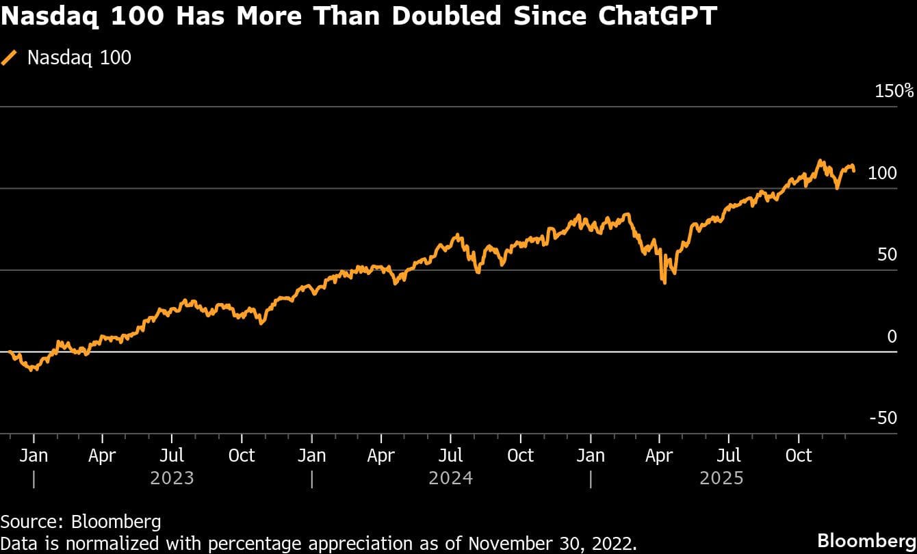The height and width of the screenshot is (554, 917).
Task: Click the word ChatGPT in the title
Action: (657, 16)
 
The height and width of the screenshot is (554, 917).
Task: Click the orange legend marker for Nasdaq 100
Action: (10, 57)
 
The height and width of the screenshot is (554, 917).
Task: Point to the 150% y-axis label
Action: (894, 91)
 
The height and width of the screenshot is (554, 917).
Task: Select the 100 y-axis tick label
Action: (882, 173)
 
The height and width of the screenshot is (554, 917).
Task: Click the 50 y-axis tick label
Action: (887, 254)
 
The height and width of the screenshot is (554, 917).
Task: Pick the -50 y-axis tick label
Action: (883, 418)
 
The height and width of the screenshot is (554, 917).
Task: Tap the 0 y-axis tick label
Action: (892, 337)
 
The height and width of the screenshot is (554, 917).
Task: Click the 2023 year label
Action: (172, 477)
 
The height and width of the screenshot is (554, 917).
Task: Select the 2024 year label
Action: (450, 477)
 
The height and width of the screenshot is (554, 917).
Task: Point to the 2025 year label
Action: (721, 477)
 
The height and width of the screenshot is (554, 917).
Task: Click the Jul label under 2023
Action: (172, 455)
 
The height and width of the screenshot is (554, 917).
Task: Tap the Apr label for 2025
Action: (659, 455)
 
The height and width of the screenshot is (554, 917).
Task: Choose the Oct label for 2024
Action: (520, 455)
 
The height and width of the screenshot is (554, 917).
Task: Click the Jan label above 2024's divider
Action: (312, 455)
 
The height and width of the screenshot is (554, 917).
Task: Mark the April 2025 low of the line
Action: (664, 282)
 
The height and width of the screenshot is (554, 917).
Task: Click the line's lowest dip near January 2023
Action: (32, 369)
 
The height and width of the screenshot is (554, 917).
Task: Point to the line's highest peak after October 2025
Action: (820, 161)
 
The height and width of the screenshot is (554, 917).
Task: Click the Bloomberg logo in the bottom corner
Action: (866, 538)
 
